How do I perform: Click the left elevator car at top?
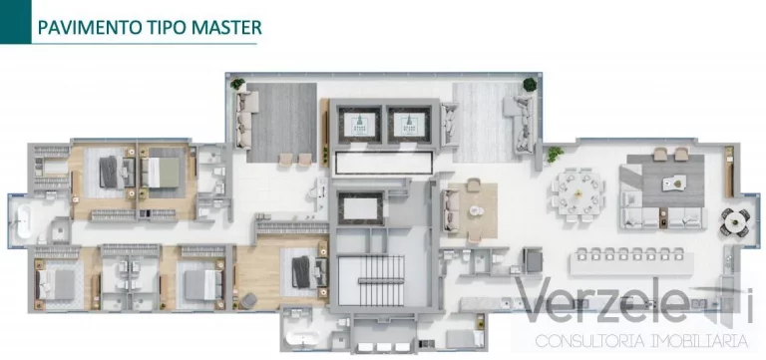[x=360, y=123]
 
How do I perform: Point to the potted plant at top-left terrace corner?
[x=237, y=85]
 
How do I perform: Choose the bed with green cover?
[x=163, y=172]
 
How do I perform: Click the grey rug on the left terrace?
[x=282, y=121]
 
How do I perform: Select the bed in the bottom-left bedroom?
[x=50, y=280]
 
